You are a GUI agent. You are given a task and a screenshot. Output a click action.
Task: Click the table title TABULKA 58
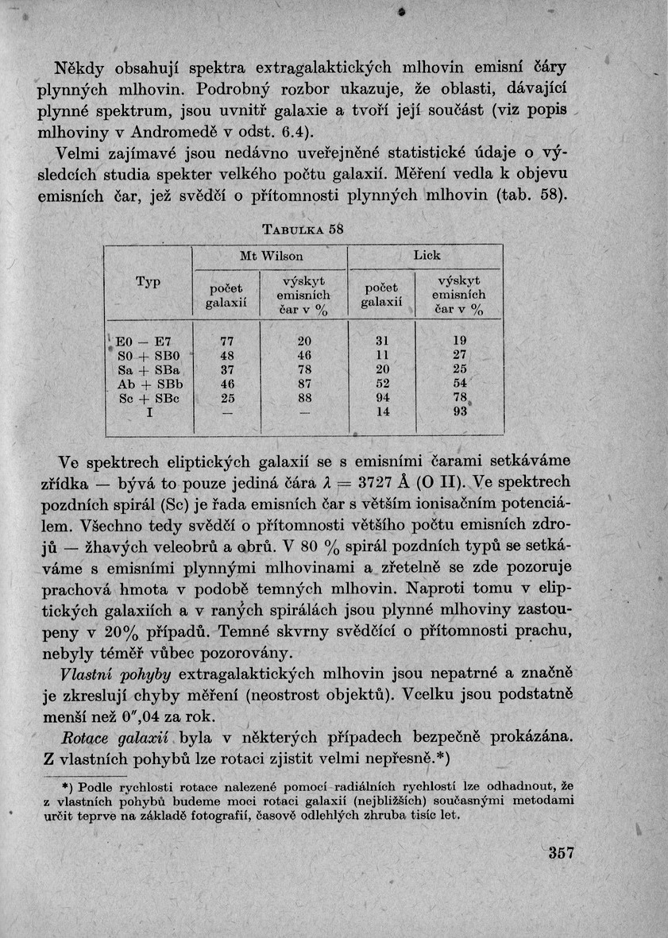click(303, 230)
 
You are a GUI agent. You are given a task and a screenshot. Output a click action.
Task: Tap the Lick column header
click(426, 256)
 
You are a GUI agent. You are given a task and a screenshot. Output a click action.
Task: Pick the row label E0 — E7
click(139, 341)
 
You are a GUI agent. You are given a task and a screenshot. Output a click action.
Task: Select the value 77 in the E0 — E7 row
click(227, 341)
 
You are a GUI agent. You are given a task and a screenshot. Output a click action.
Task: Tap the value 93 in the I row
click(460, 413)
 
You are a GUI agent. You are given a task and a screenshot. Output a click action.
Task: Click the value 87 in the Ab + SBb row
click(304, 384)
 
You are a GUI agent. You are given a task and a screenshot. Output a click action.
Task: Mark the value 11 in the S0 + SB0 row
click(383, 355)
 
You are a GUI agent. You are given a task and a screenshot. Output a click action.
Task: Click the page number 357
click(560, 855)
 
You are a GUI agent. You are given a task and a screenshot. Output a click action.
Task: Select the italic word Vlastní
click(87, 674)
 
